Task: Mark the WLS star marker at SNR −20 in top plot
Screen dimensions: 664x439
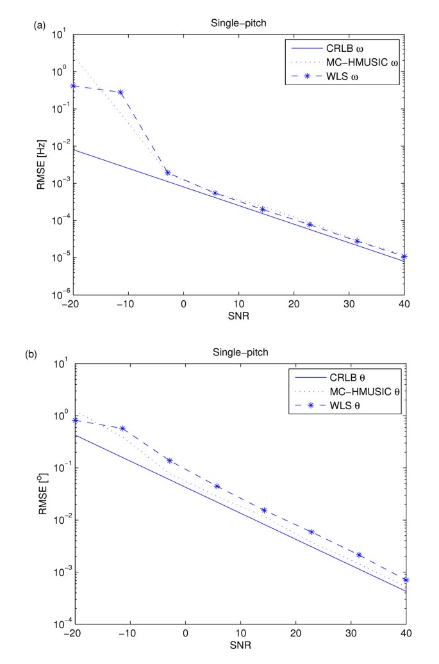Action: [74, 86]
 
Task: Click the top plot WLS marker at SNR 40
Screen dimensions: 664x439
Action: [404, 257]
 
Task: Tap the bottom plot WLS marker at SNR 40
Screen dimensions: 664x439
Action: [406, 580]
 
